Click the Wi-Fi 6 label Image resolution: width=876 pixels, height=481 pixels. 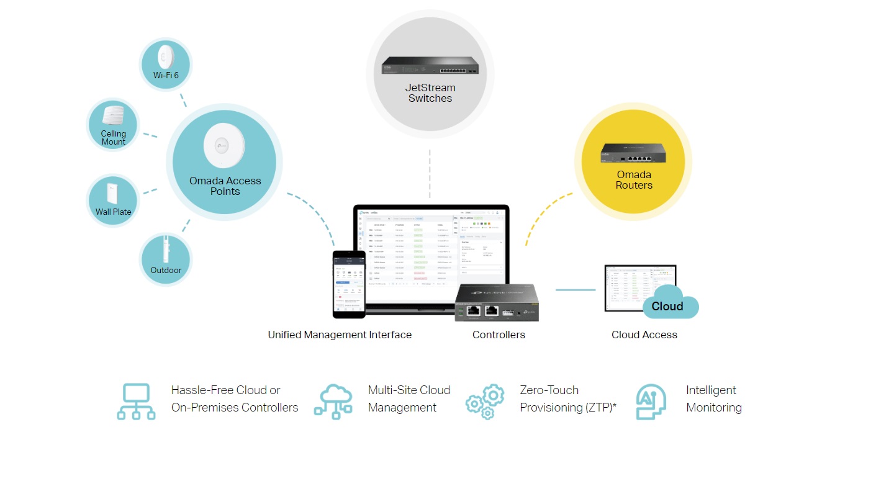[x=166, y=75]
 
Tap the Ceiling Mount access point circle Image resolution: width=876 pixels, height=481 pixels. [x=114, y=125]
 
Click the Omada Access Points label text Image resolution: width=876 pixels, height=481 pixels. [x=225, y=186]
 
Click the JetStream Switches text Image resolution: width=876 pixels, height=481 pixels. [x=430, y=93]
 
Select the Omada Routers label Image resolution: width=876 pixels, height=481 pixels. [x=634, y=180]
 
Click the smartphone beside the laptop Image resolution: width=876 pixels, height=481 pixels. [x=349, y=284]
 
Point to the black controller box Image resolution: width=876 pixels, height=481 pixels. [x=497, y=302]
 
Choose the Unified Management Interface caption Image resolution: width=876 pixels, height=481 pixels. [x=340, y=335]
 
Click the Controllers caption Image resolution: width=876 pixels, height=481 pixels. [x=499, y=335]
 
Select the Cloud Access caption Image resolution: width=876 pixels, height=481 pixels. [x=644, y=335]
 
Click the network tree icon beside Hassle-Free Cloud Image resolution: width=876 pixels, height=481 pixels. [x=136, y=401]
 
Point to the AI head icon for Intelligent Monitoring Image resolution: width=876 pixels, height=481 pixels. [x=651, y=402]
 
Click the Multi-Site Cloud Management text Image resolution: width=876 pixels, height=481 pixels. [x=409, y=398]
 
